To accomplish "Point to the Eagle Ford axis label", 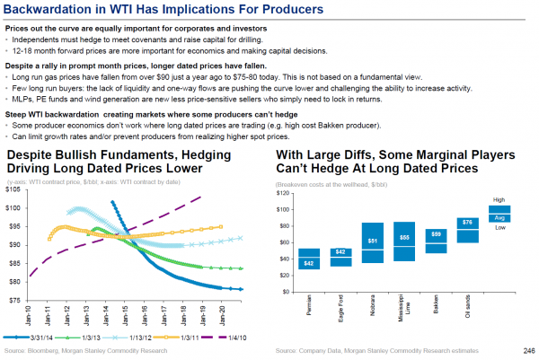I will click(x=340, y=309).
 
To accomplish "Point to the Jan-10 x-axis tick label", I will click(x=30, y=315).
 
